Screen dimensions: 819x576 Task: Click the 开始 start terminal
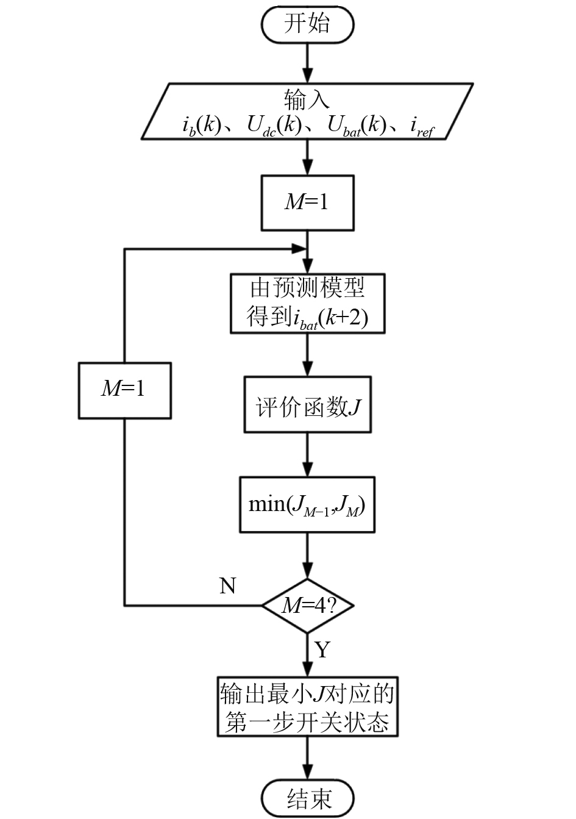[307, 25]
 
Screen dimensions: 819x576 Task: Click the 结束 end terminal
[307, 798]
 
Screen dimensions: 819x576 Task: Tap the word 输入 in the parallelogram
[307, 99]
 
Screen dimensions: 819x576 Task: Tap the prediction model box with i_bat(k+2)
[307, 303]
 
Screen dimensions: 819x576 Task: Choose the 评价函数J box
[307, 405]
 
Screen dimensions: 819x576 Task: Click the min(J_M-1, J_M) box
[307, 504]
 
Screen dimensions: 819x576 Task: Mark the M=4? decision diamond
[308, 606]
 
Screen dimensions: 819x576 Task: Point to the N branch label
[227, 586]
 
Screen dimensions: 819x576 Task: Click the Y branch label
[322, 649]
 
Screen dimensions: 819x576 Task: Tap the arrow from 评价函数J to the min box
[307, 455]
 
